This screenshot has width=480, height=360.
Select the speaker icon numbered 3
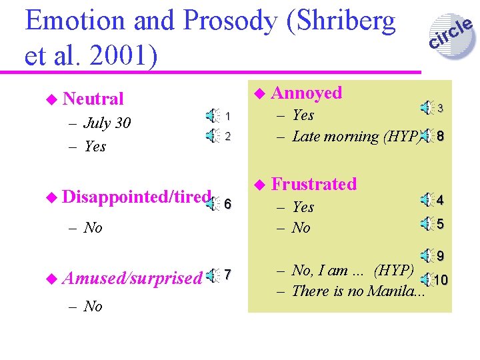[425, 105]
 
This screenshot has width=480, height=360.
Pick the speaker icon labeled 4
[425, 198]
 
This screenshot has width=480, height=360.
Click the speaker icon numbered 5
[425, 223]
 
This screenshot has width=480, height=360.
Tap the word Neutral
[93, 99]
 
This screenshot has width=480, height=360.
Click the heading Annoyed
[307, 93]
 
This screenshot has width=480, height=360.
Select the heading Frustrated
[314, 183]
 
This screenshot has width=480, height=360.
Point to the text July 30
[107, 123]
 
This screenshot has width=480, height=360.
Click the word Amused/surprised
[132, 279]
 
